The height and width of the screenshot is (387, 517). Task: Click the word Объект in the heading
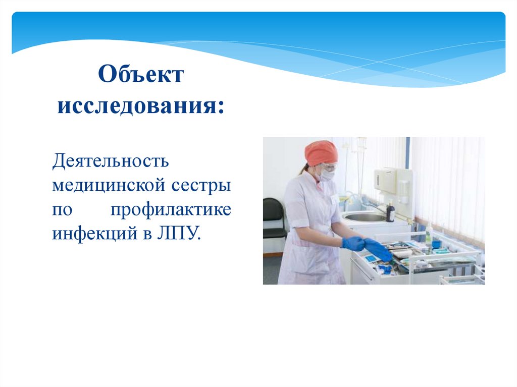click(141, 76)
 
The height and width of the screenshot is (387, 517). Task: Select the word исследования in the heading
click(141, 107)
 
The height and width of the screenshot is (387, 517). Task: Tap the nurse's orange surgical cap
click(321, 152)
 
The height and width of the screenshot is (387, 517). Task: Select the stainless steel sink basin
click(365, 217)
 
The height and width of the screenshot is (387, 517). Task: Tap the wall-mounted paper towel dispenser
click(386, 180)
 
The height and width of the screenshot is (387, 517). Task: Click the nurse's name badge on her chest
click(334, 200)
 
